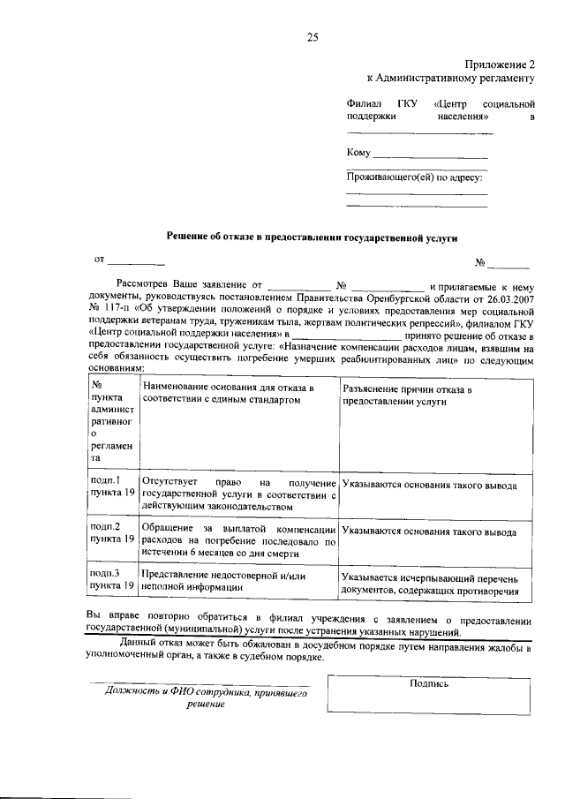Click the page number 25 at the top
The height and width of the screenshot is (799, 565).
312,36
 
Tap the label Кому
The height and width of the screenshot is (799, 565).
358,153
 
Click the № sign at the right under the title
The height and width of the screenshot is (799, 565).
481,263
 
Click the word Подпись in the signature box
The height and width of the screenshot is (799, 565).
430,683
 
